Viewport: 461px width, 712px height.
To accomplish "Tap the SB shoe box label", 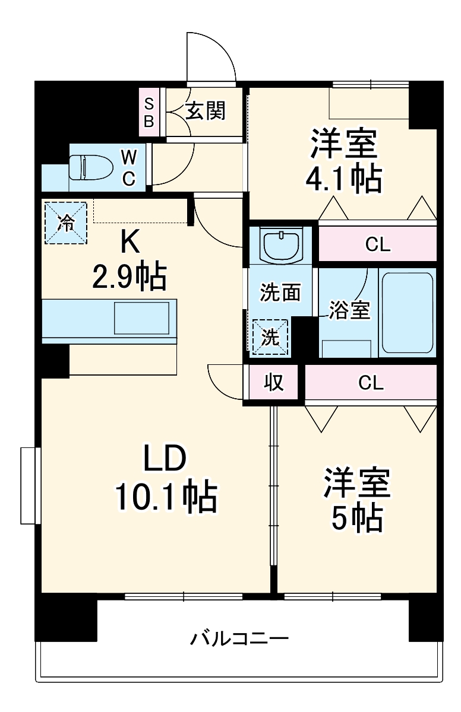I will (x=149, y=113).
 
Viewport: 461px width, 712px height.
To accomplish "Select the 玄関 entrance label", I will (x=206, y=110).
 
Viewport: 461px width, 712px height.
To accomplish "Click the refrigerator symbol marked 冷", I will (x=66, y=223).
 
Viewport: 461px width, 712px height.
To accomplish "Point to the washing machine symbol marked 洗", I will (x=270, y=338).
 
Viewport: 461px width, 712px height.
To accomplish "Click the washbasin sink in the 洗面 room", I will (x=281, y=244).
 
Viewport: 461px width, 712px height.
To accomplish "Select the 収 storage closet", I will (x=273, y=383).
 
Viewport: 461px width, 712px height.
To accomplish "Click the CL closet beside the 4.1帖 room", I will (x=378, y=244).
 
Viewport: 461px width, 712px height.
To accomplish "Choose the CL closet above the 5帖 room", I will (x=371, y=383).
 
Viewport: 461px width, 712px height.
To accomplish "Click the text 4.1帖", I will (x=343, y=178).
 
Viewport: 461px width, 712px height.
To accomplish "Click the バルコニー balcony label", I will (x=239, y=639).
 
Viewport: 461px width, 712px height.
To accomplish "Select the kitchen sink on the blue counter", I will (x=143, y=318).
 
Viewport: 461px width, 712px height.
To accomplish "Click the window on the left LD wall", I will (x=29, y=486).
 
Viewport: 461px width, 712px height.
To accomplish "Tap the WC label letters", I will (x=129, y=167).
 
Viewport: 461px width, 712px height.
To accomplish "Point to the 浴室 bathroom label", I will (x=350, y=310).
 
